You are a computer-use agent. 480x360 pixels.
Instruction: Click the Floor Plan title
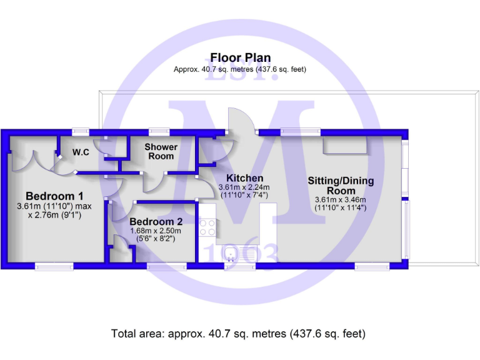click(x=240, y=58)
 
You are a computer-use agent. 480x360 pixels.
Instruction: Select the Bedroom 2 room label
click(x=156, y=221)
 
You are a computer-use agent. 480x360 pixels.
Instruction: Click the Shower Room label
click(x=161, y=151)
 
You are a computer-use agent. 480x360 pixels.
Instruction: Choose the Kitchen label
click(x=244, y=178)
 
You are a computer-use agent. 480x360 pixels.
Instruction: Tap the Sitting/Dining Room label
click(x=341, y=186)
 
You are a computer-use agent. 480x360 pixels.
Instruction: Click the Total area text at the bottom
click(x=238, y=333)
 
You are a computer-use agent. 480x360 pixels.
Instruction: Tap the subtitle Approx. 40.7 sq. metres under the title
click(x=240, y=70)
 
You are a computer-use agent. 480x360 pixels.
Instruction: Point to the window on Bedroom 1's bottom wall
click(x=54, y=266)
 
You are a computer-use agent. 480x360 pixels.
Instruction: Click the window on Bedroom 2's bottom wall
click(x=166, y=266)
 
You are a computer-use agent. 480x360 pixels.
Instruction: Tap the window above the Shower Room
click(x=159, y=131)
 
